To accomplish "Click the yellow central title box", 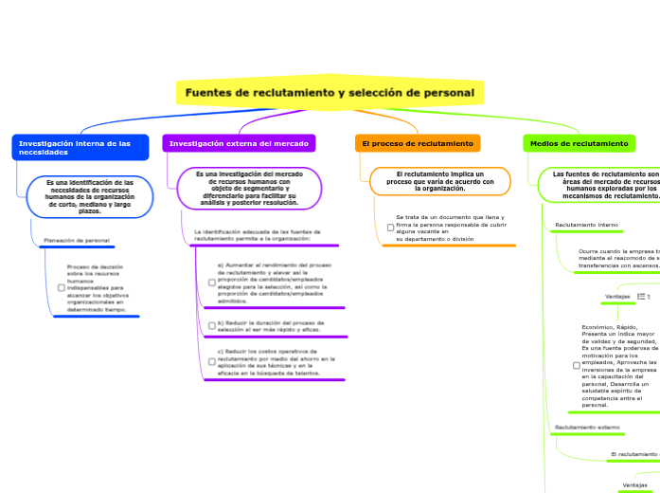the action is [330, 93].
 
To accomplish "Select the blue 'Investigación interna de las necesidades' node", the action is [80, 147].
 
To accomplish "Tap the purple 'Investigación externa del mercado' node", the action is [239, 143].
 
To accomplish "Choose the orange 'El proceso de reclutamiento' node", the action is [418, 143].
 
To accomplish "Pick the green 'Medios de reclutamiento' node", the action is [579, 143].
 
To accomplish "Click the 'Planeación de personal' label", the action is [77, 241].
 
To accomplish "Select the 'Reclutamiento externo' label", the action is [587, 428].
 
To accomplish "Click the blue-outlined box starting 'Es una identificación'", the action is [90, 196].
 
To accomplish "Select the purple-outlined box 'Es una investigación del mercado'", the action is [249, 188].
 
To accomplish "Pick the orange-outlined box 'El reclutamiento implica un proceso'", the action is [439, 180].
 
